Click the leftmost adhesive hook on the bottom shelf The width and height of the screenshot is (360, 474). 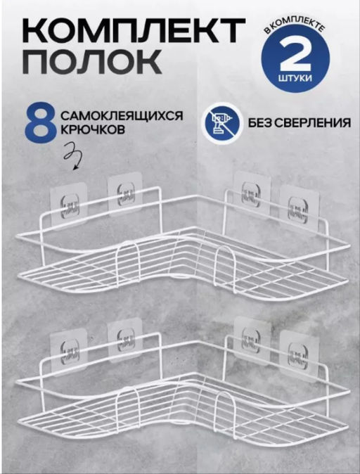click(x=68, y=350)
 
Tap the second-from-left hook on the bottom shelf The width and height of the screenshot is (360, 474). click(x=124, y=339)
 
